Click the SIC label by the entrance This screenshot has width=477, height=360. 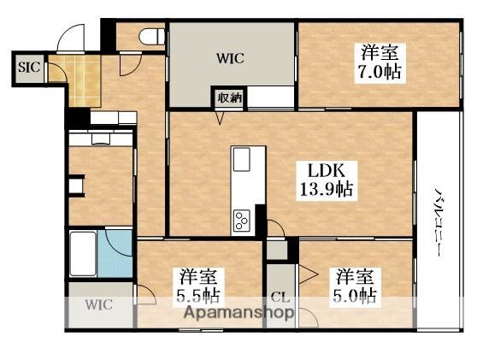click(x=27, y=66)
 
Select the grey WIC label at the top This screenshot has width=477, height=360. click(x=231, y=58)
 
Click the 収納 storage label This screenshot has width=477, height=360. click(x=229, y=97)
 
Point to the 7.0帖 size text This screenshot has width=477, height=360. click(x=378, y=72)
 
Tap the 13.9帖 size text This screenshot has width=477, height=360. click(x=326, y=190)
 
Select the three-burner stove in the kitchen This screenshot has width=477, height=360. click(x=240, y=220)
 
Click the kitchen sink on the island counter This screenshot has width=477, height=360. click(x=241, y=159)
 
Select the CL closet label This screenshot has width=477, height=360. click(x=279, y=298)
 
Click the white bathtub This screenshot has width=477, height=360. click(x=83, y=253)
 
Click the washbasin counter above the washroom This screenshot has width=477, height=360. click(x=100, y=138)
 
